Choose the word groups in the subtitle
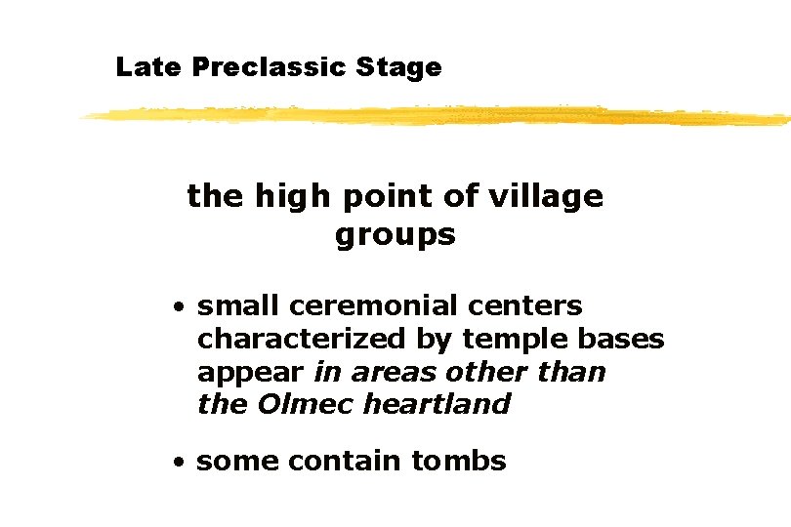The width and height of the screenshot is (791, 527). point(395,235)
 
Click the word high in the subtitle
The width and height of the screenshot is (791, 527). point(292,196)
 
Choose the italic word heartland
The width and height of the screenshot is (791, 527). point(437,404)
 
